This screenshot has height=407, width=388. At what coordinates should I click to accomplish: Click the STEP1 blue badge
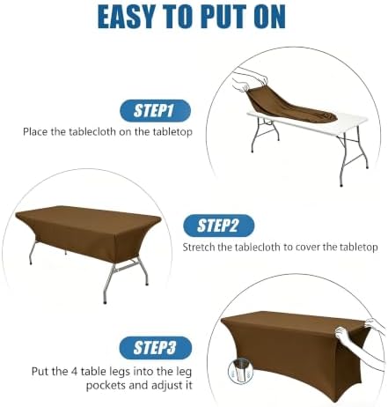(155, 111)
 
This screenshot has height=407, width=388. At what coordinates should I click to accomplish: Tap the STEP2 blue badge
(218, 226)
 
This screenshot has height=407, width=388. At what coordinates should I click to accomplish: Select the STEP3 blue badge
(156, 348)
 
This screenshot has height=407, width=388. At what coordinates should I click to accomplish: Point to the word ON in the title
(270, 17)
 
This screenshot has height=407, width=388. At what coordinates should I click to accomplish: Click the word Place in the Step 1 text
(35, 131)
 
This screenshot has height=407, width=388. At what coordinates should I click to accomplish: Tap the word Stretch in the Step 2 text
(199, 247)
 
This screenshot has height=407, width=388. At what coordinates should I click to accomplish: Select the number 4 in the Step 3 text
(75, 372)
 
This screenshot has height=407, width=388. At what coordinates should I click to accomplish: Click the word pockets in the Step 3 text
(106, 385)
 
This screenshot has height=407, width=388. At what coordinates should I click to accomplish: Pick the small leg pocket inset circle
(240, 372)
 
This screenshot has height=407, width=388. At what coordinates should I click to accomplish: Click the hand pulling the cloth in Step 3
(344, 334)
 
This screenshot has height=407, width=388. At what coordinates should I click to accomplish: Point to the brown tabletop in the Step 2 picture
(88, 217)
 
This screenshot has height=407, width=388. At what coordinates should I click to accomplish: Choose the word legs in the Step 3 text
(120, 372)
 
